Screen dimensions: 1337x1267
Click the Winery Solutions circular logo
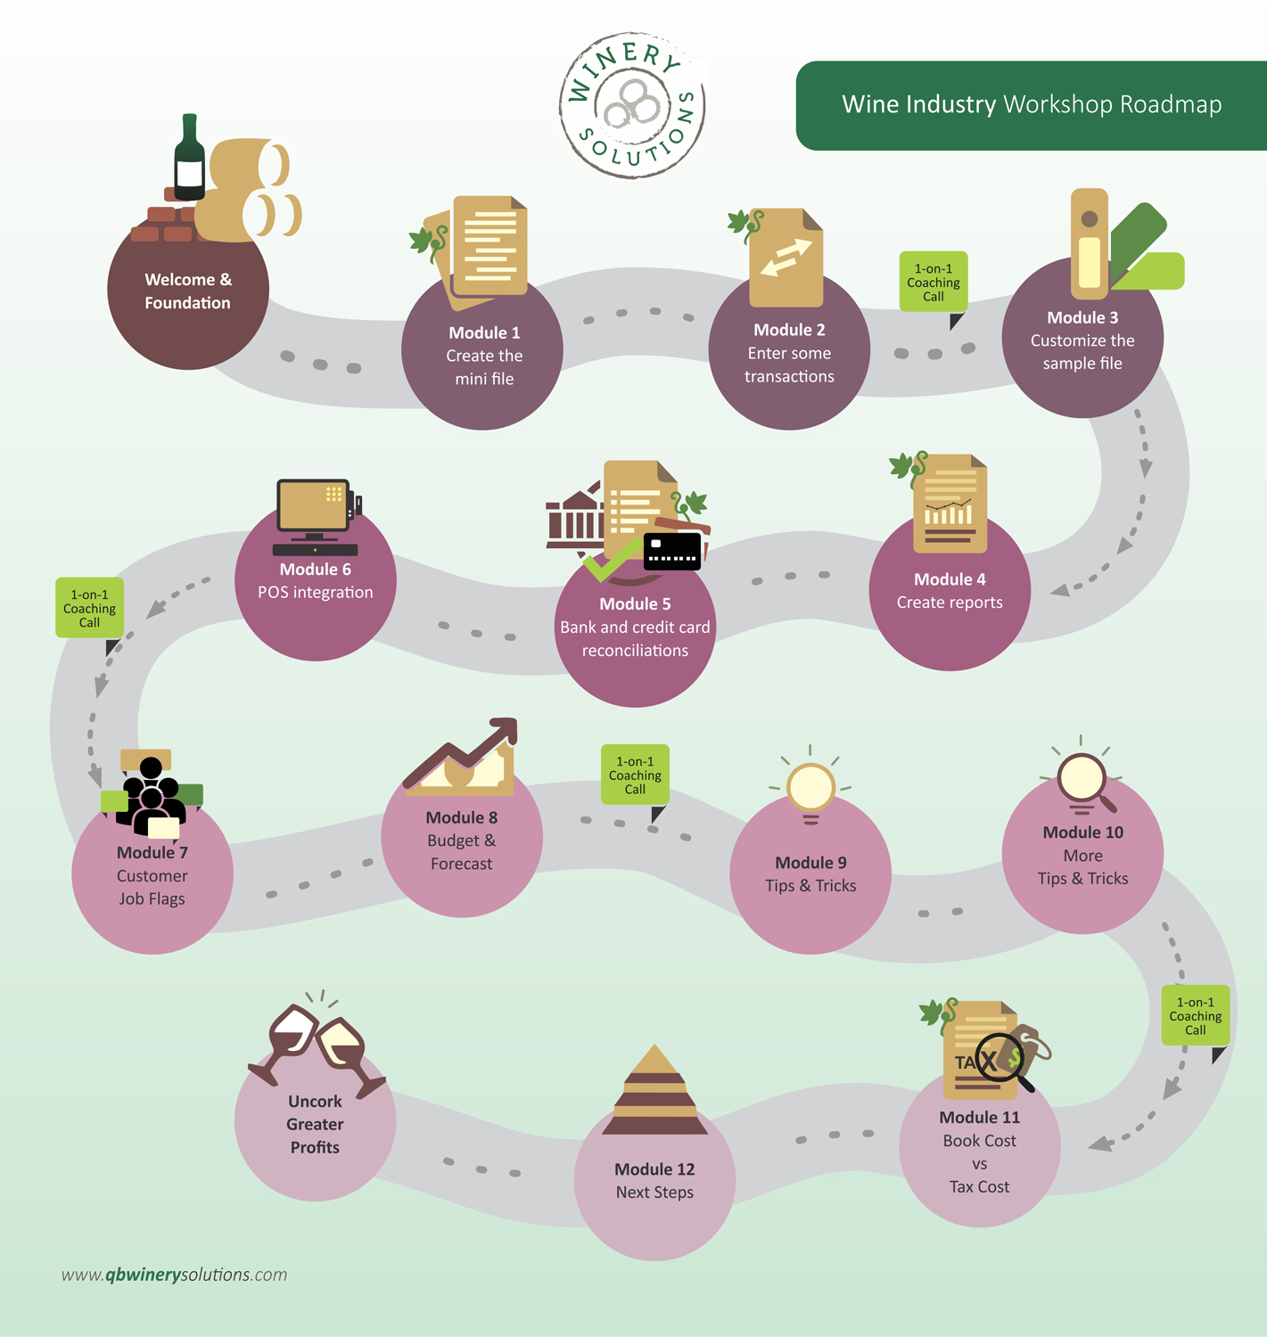click(632, 105)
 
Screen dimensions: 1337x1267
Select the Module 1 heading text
click(484, 332)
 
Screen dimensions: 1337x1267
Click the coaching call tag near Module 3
click(934, 283)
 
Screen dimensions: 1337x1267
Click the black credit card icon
click(672, 551)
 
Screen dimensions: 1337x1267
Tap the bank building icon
click(573, 517)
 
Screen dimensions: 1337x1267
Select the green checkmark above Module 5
click(611, 561)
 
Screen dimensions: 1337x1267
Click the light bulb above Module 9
click(810, 789)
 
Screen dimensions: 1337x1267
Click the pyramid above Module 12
click(654, 1092)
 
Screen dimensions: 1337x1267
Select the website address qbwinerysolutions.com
click(175, 1275)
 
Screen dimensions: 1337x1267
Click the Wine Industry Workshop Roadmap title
click(1032, 104)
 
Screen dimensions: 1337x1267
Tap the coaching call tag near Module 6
click(89, 609)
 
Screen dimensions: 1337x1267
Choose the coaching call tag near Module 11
click(1195, 1016)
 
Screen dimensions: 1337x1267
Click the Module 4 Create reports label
click(950, 591)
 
